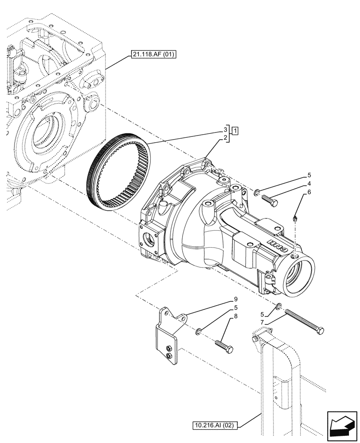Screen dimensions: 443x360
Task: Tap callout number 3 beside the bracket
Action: tap(225, 129)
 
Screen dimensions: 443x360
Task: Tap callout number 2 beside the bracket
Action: tap(225, 138)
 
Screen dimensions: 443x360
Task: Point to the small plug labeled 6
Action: tap(295, 217)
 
